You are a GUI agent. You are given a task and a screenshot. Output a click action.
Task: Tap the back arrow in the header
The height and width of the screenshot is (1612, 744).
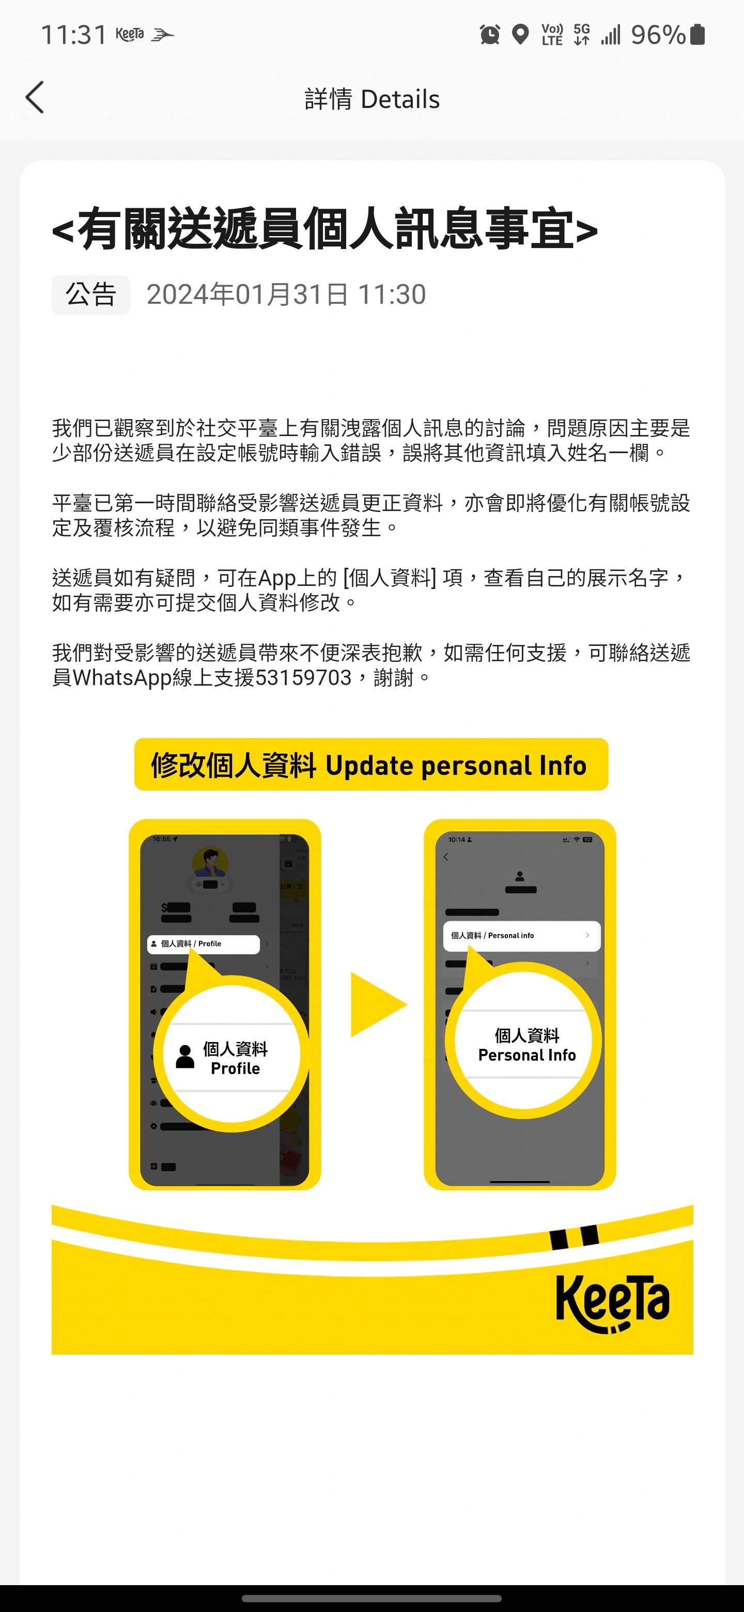coord(35,98)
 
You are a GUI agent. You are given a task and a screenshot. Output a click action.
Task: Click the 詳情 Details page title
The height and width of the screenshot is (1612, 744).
coord(371,99)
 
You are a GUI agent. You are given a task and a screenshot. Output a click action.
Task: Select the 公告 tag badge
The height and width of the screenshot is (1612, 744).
coord(91,295)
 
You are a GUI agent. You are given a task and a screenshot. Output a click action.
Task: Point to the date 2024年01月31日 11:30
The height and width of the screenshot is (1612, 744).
coord(286,295)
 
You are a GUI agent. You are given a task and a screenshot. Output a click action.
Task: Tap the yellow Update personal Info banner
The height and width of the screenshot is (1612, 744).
coord(371,765)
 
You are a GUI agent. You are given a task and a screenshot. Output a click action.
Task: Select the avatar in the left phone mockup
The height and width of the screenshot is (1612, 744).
coord(210,863)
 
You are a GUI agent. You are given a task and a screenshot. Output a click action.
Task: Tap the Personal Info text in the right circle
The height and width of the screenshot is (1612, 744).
coord(527,1055)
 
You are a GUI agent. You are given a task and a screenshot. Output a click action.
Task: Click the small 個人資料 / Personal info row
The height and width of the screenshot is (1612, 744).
coord(521,936)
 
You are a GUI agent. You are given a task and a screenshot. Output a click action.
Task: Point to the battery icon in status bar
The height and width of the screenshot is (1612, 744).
coord(697,35)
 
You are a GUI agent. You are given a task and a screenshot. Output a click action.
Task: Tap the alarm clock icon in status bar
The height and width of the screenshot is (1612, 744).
coord(490,35)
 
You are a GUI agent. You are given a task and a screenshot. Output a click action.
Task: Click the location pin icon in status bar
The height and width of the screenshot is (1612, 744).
coord(520,35)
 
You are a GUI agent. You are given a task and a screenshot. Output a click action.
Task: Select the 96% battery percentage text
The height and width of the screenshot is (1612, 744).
coord(658,35)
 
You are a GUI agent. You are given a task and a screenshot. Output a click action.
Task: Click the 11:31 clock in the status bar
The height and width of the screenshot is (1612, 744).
coord(74,35)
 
